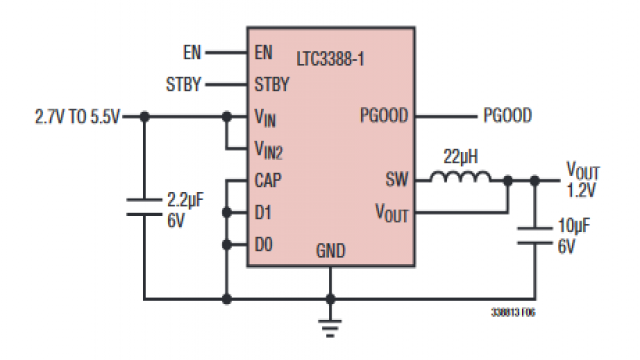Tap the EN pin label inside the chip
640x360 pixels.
(264, 51)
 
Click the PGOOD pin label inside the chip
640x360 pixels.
(384, 116)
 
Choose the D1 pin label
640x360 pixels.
(264, 213)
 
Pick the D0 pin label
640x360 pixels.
(264, 244)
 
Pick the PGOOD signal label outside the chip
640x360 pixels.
(507, 116)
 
